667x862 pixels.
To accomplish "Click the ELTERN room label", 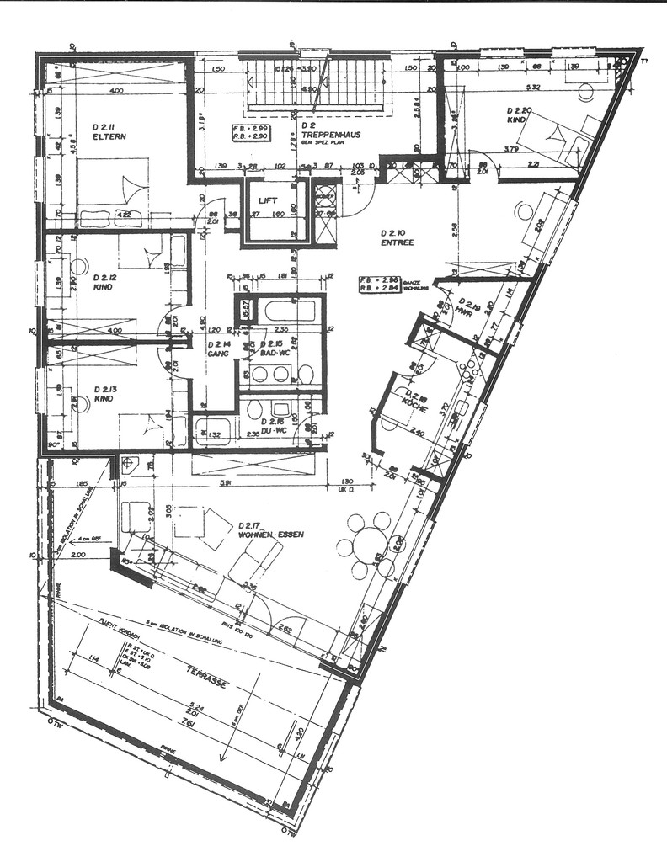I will coord(109,136).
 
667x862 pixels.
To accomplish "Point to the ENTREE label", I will coord(397,242).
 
